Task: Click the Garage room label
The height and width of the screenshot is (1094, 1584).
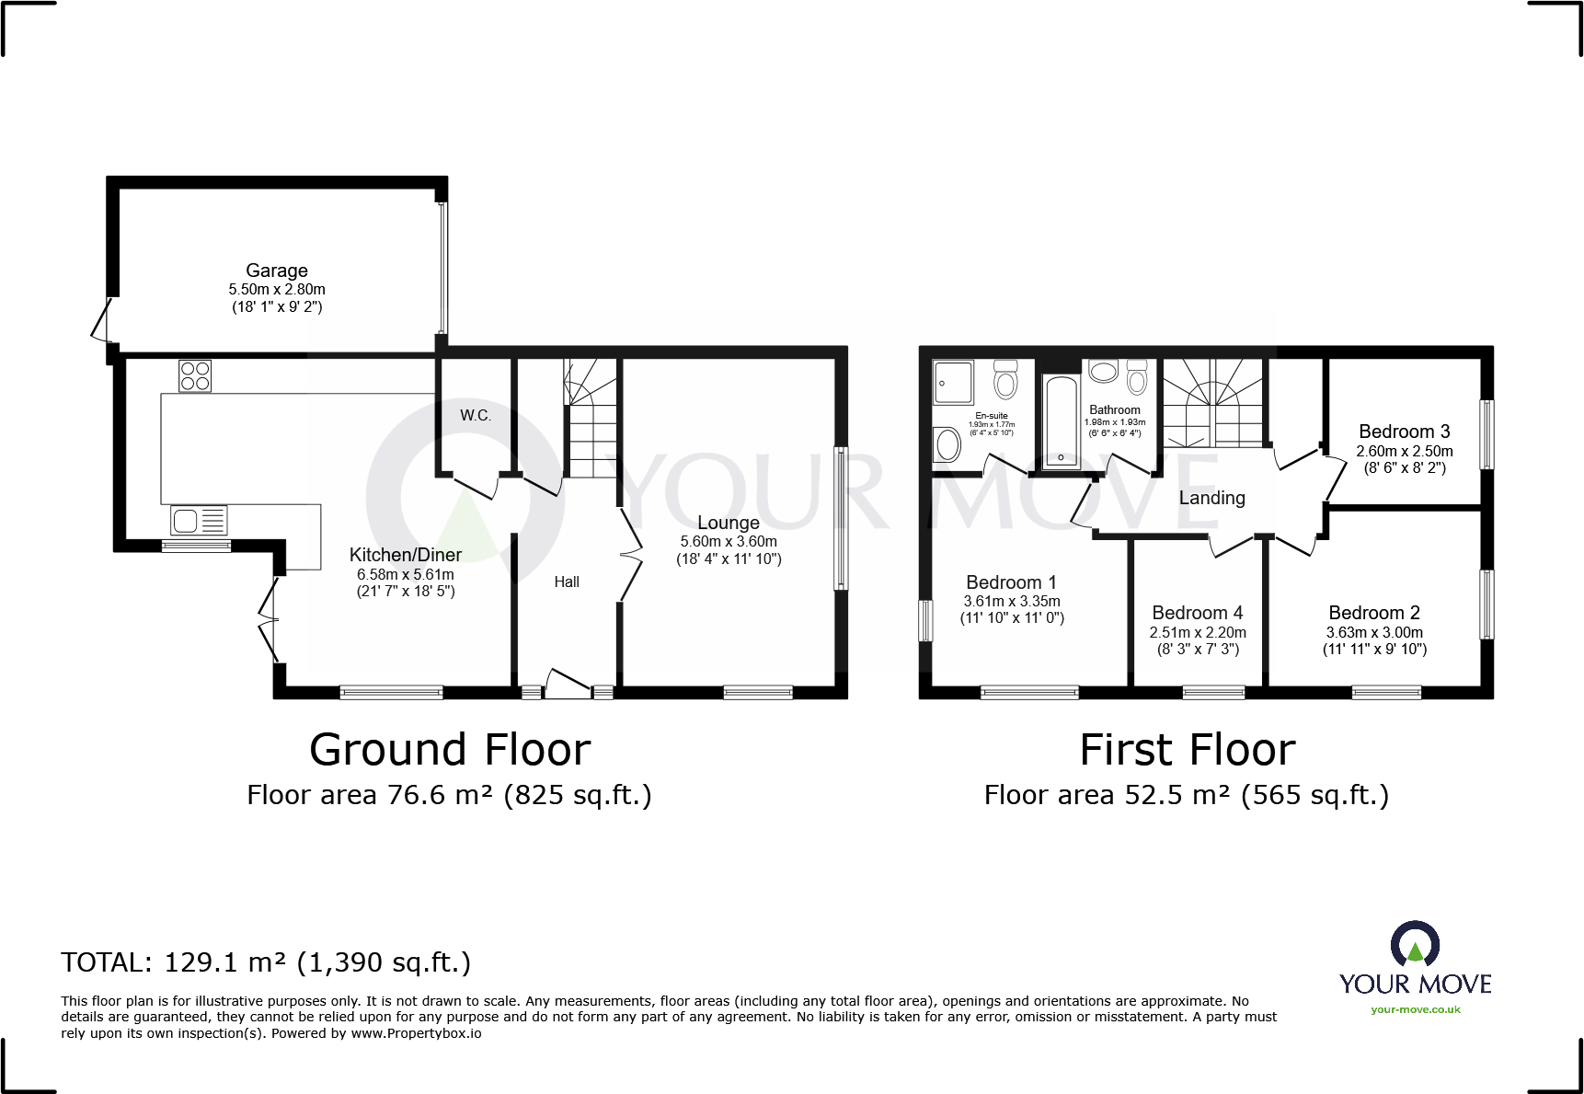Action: [276, 271]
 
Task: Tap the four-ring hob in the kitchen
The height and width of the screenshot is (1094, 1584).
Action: [195, 375]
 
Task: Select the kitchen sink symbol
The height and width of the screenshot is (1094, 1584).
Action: [198, 521]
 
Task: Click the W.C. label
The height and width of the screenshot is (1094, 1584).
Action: [476, 416]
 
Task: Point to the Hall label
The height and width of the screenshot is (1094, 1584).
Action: [567, 582]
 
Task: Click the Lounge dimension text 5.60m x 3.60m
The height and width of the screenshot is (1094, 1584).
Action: [729, 542]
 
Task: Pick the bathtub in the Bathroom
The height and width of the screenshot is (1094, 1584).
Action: [1062, 422]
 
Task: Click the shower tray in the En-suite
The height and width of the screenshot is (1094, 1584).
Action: [953, 383]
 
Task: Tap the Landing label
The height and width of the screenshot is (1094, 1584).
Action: [1211, 498]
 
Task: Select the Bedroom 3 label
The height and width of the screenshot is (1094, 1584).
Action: [1404, 432]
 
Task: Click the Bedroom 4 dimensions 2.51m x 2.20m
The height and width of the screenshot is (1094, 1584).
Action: [1198, 632]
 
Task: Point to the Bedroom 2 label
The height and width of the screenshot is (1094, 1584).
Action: [1374, 613]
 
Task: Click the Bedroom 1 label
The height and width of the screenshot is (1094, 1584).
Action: [1011, 582]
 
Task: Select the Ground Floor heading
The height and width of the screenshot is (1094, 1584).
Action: [450, 750]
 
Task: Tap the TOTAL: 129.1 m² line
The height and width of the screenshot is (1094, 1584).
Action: [266, 962]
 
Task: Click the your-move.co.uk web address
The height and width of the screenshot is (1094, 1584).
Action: [1415, 1009]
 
